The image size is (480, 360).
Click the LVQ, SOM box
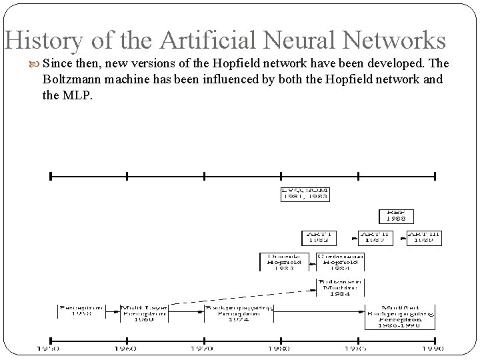[305, 194]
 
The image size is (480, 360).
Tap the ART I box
[319, 237]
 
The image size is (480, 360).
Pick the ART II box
[374, 237]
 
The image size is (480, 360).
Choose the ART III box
[424, 237]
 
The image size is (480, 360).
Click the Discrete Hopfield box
[281, 261]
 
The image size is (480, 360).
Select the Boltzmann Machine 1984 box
[340, 288]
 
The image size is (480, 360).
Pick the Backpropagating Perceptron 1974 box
[238, 314]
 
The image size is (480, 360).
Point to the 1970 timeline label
[202, 349]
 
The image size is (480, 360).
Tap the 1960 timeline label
[125, 349]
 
